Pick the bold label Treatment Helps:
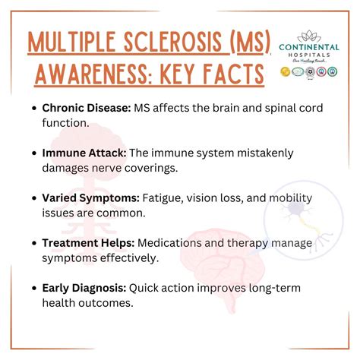90,242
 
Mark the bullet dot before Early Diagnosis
35,288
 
